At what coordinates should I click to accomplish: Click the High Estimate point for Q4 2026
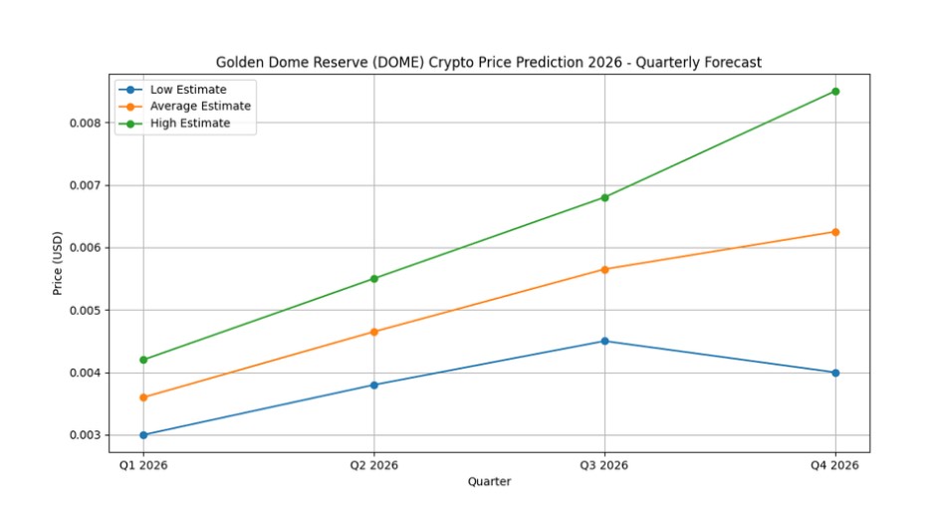(x=834, y=92)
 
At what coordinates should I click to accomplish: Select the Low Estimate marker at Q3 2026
(x=604, y=341)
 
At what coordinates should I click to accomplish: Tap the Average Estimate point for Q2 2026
(x=374, y=332)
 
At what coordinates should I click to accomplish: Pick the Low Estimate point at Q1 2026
(x=143, y=434)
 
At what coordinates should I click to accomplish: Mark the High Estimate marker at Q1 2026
(x=143, y=360)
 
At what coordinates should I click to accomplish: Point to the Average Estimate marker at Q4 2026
(x=834, y=232)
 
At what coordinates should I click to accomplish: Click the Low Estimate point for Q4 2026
(x=834, y=373)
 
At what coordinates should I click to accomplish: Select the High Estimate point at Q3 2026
(x=604, y=197)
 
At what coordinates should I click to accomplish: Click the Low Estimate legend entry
(x=187, y=90)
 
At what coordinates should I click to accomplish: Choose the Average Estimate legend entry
(x=199, y=107)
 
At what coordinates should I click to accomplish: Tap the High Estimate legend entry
(x=189, y=124)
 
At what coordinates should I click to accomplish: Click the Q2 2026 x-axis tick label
(x=374, y=465)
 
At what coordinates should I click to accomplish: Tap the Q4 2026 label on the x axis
(x=834, y=465)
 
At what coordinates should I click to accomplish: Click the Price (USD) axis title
(x=58, y=263)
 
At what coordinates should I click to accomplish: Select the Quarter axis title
(x=489, y=482)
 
